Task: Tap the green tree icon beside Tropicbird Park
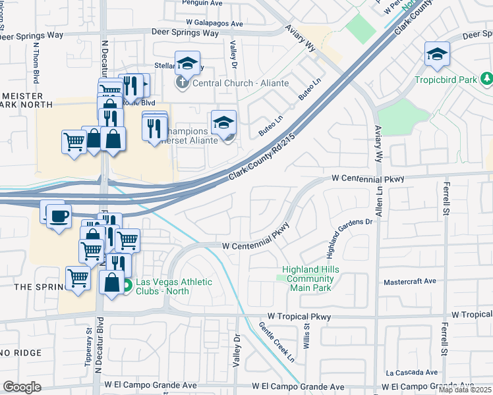(486, 80)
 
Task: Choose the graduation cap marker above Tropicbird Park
(437, 55)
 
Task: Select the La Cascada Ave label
(412, 372)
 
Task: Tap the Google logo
(22, 387)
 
